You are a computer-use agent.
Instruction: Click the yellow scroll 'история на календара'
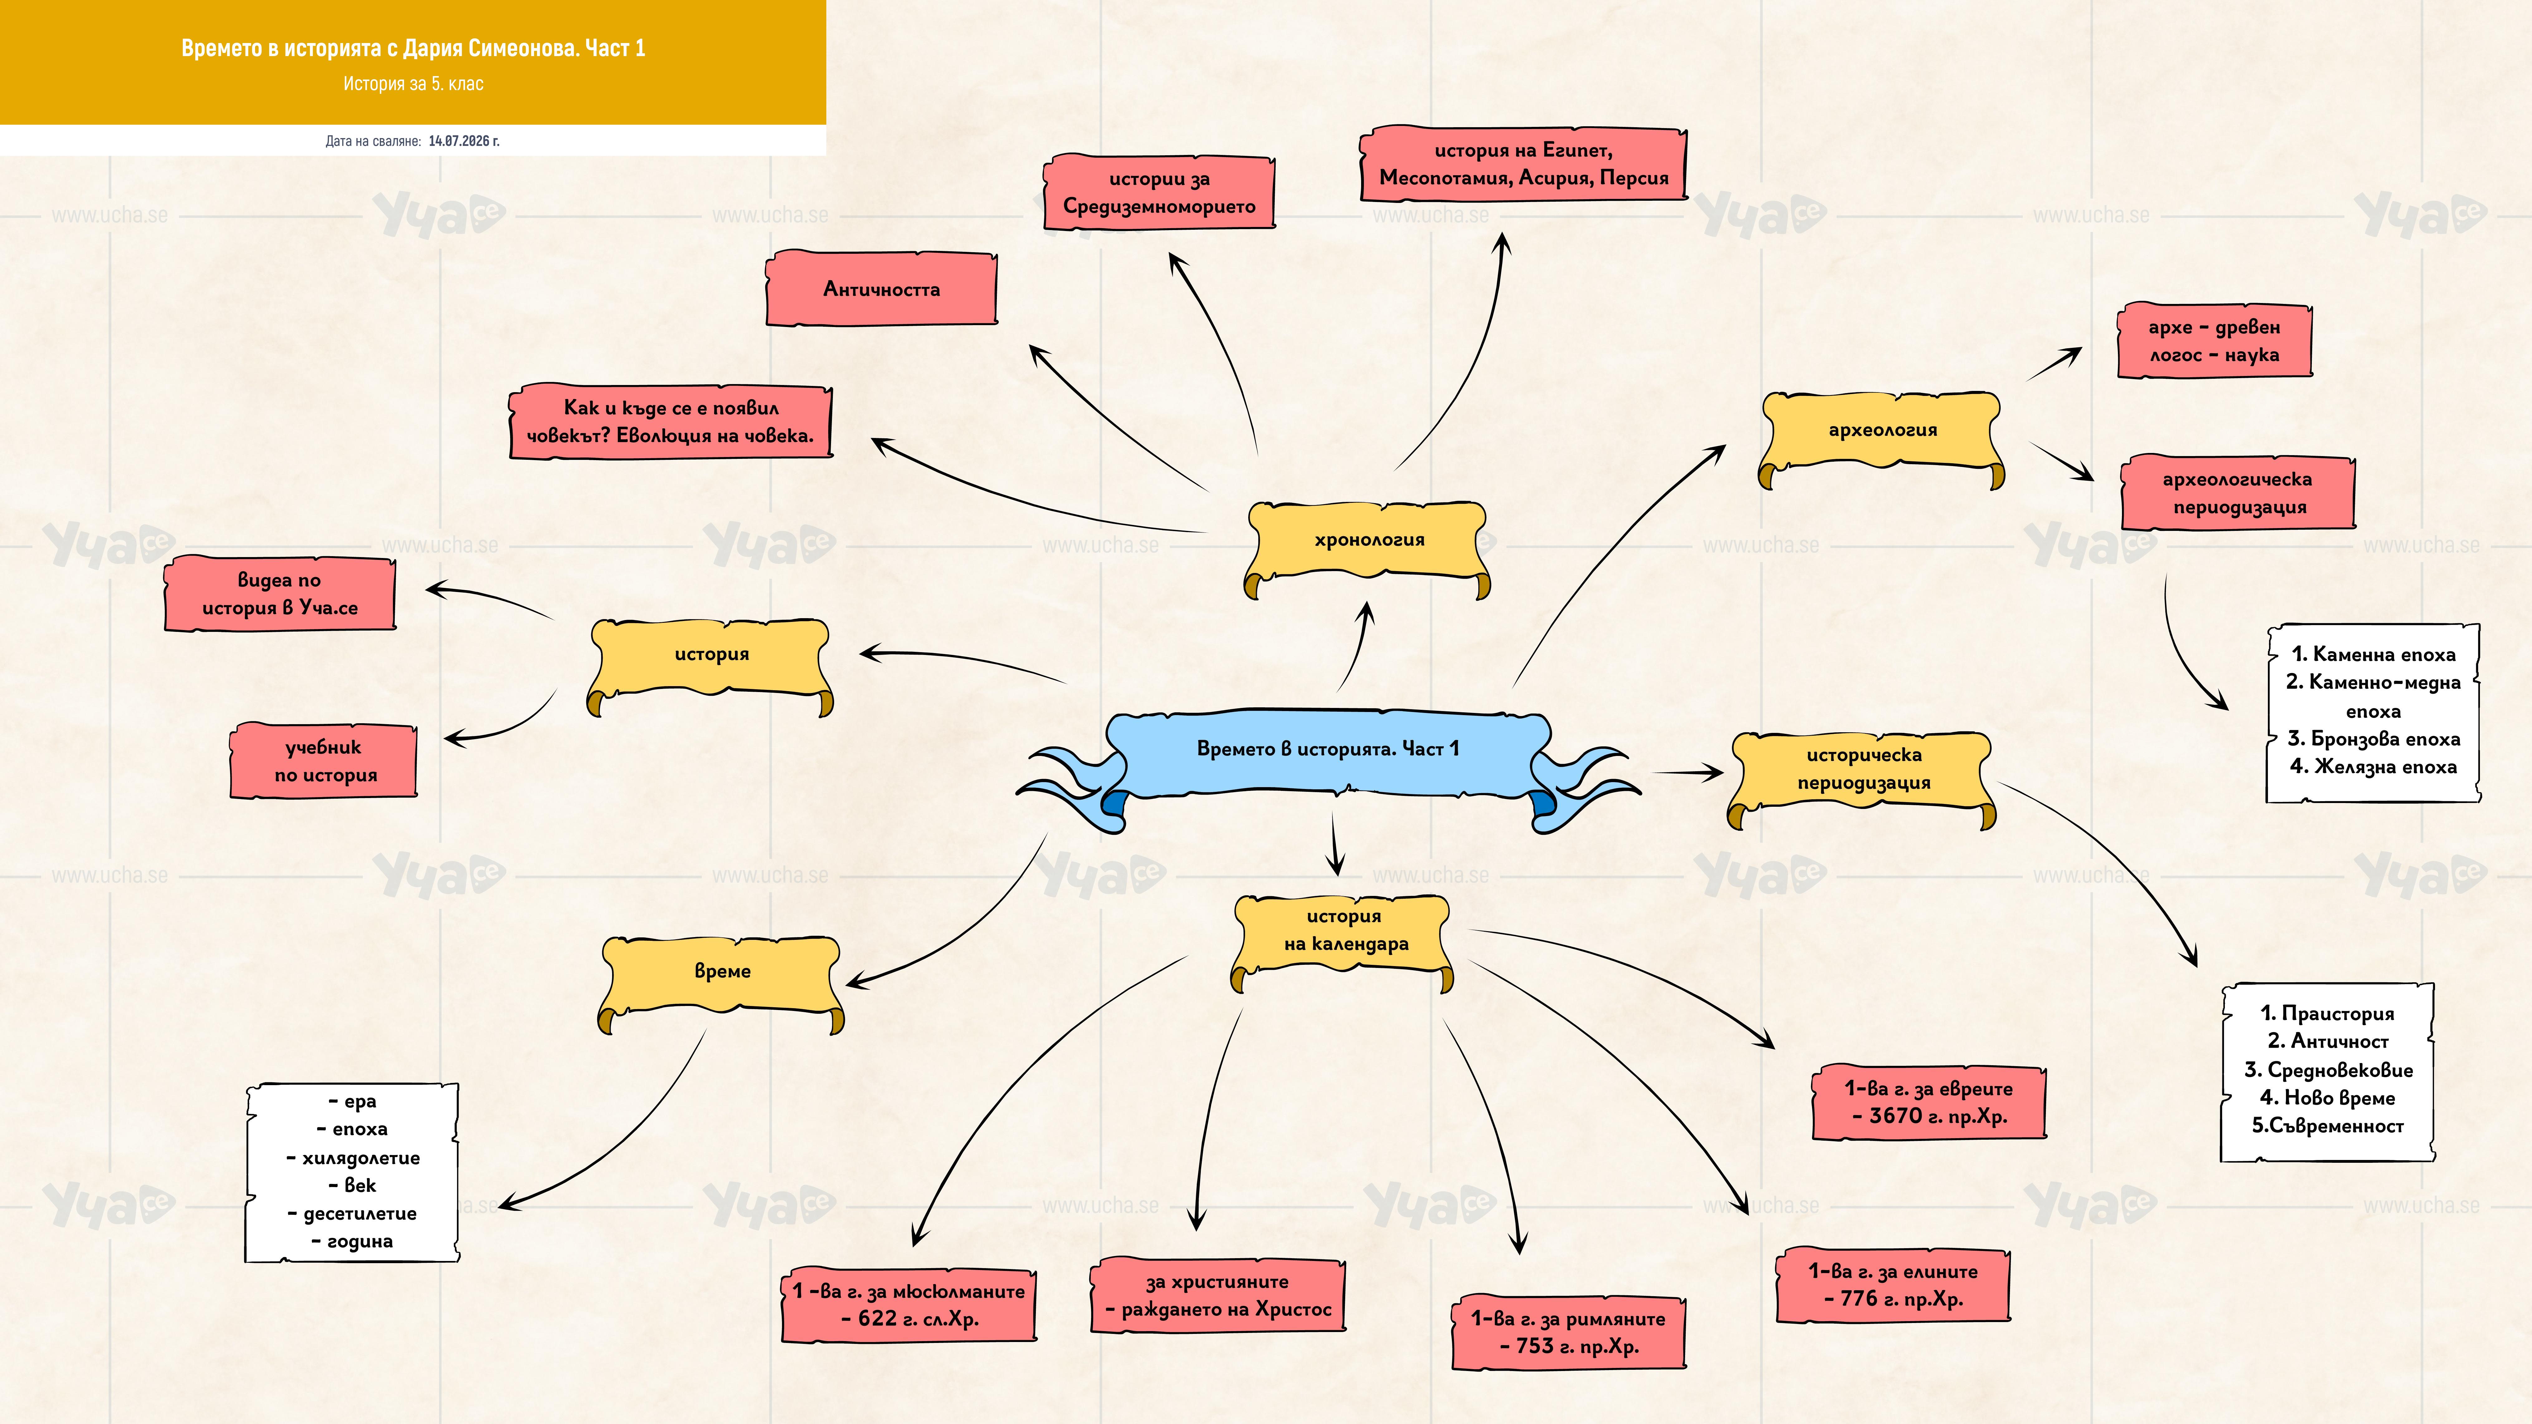pos(1343,939)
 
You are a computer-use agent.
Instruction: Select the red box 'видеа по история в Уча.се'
pos(280,594)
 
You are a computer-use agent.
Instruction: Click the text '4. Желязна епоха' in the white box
pos(2373,767)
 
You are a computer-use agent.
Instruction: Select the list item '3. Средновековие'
pos(2327,1069)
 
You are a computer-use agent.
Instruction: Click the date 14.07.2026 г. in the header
pos(464,141)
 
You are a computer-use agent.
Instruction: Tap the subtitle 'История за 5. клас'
pos(413,84)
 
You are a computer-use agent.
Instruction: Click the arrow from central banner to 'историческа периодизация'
pos(1688,772)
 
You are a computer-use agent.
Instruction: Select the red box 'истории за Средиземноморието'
pos(1159,193)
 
